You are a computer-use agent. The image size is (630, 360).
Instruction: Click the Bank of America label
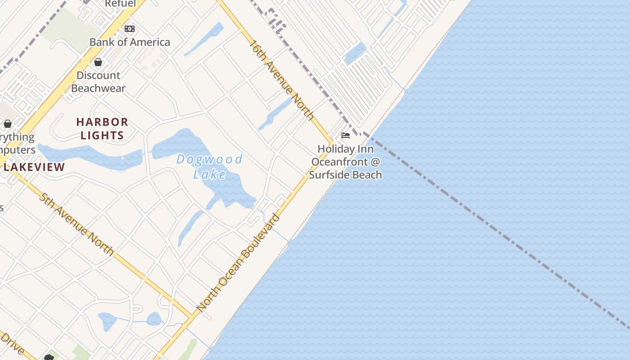click(130, 42)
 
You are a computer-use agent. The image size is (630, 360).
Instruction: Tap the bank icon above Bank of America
click(130, 29)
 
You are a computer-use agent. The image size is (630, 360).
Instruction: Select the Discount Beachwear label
click(98, 81)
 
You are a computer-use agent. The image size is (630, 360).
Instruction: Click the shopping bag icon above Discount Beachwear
click(98, 62)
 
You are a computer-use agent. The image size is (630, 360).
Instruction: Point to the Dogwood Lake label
click(209, 166)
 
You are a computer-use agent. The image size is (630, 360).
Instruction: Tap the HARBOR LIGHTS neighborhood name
click(102, 129)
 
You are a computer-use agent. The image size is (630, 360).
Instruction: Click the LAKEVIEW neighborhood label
click(34, 167)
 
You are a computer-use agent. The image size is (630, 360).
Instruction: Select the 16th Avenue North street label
click(282, 80)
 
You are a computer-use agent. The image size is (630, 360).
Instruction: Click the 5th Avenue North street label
click(76, 224)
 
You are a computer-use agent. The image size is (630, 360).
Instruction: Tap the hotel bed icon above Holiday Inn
click(346, 135)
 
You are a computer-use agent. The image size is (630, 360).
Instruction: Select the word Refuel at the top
click(120, 4)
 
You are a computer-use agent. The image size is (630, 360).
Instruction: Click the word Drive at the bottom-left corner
click(12, 344)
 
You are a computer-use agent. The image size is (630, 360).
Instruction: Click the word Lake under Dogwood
click(209, 174)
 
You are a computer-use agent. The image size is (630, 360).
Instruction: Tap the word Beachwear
click(98, 88)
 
